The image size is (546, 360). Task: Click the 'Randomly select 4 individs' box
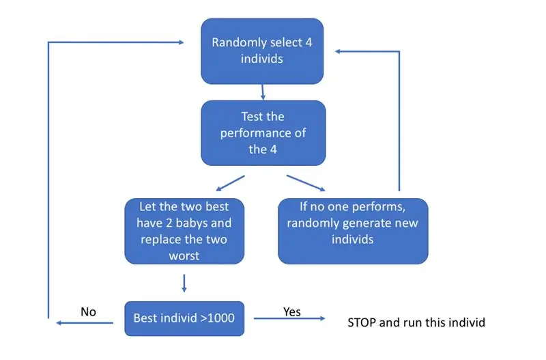pyautogui.click(x=262, y=51)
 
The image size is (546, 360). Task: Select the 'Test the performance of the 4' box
pyautogui.click(x=263, y=133)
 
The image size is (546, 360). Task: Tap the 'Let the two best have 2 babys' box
pyautogui.click(x=184, y=231)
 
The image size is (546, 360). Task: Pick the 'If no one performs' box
pyautogui.click(x=353, y=231)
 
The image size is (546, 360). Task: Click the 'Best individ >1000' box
pyautogui.click(x=184, y=318)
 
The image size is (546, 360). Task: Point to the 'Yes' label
pyautogui.click(x=292, y=311)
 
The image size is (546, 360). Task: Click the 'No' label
pyautogui.click(x=89, y=311)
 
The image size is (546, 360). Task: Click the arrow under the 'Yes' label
pyautogui.click(x=289, y=318)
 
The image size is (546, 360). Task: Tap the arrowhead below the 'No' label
pyautogui.click(x=59, y=323)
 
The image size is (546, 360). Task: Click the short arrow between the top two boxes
pyautogui.click(x=263, y=92)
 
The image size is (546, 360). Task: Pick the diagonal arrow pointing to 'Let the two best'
pyautogui.click(x=230, y=183)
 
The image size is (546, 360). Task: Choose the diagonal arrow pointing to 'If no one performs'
pyautogui.click(x=306, y=183)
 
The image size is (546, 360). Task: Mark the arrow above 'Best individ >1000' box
pyautogui.click(x=184, y=283)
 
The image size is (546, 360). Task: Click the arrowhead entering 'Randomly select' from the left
pyautogui.click(x=181, y=42)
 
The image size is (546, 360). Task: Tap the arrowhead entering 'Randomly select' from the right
pyautogui.click(x=338, y=51)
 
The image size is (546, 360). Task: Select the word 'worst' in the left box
pyautogui.click(x=184, y=255)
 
